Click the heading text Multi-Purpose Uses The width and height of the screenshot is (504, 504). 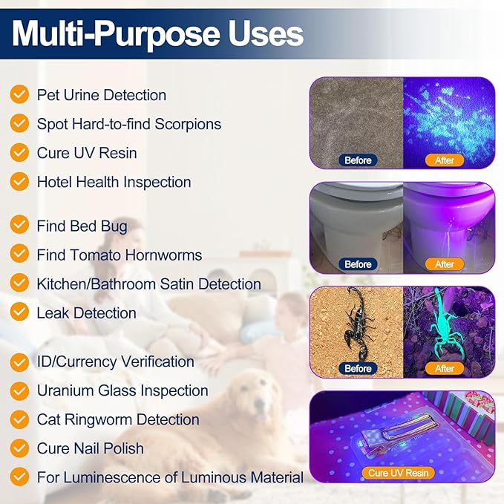point(157,33)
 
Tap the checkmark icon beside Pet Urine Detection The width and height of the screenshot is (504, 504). point(20,95)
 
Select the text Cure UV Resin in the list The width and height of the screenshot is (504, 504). point(87,153)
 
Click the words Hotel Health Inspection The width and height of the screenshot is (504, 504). point(114,182)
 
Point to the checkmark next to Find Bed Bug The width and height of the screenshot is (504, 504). point(20,226)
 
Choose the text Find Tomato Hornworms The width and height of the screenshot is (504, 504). point(119,255)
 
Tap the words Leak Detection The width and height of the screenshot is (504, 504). point(86,313)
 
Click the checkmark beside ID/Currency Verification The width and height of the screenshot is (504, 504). point(20,361)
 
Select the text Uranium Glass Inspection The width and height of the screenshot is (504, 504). point(122,390)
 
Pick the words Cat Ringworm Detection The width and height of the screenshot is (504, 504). point(118,419)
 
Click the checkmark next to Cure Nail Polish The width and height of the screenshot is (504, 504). point(20,448)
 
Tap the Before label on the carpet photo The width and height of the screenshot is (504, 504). point(358,160)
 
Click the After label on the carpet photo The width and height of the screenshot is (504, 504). point(445,160)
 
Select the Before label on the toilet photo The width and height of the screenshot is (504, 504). point(358,264)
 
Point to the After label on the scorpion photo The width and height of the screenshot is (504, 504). point(445,368)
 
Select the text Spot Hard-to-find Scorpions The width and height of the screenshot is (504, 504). point(128,124)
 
